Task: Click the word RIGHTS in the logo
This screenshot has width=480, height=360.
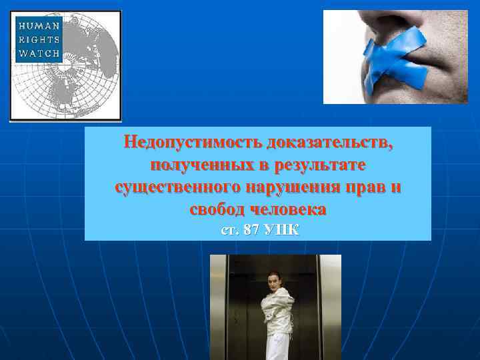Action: click(39, 40)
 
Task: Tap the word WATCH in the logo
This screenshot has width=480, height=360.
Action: click(39, 53)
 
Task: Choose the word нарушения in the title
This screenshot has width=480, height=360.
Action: click(299, 187)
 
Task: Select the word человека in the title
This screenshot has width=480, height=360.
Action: click(290, 209)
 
